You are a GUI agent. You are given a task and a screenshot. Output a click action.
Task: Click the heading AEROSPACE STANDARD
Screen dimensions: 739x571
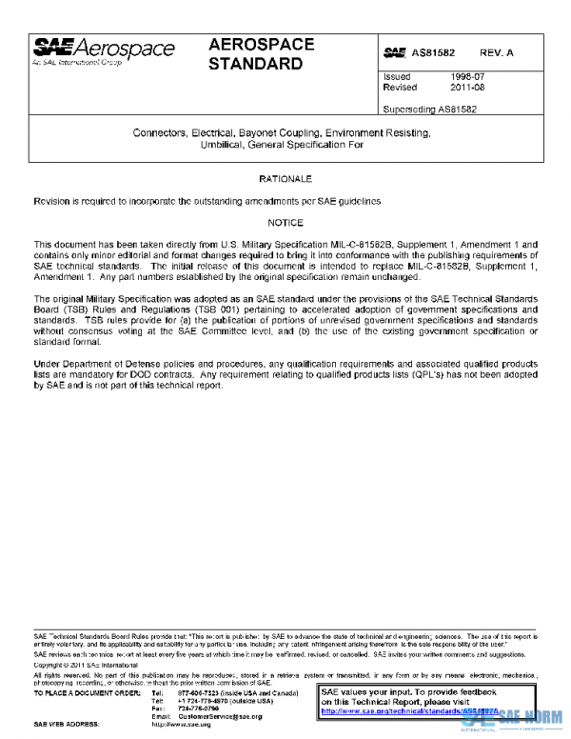pos(261,55)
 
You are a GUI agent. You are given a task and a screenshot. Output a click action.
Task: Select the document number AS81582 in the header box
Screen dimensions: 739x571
pos(433,53)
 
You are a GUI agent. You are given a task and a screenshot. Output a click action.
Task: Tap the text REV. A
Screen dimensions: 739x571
pos(497,53)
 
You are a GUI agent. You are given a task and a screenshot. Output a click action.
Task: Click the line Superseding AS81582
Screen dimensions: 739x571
pos(428,109)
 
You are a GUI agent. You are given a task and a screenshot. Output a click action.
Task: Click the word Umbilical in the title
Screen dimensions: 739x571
pos(223,145)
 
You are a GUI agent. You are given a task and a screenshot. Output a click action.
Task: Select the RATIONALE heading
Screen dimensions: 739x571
pos(285,179)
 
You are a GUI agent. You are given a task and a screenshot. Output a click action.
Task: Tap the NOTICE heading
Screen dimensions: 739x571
pos(285,223)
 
